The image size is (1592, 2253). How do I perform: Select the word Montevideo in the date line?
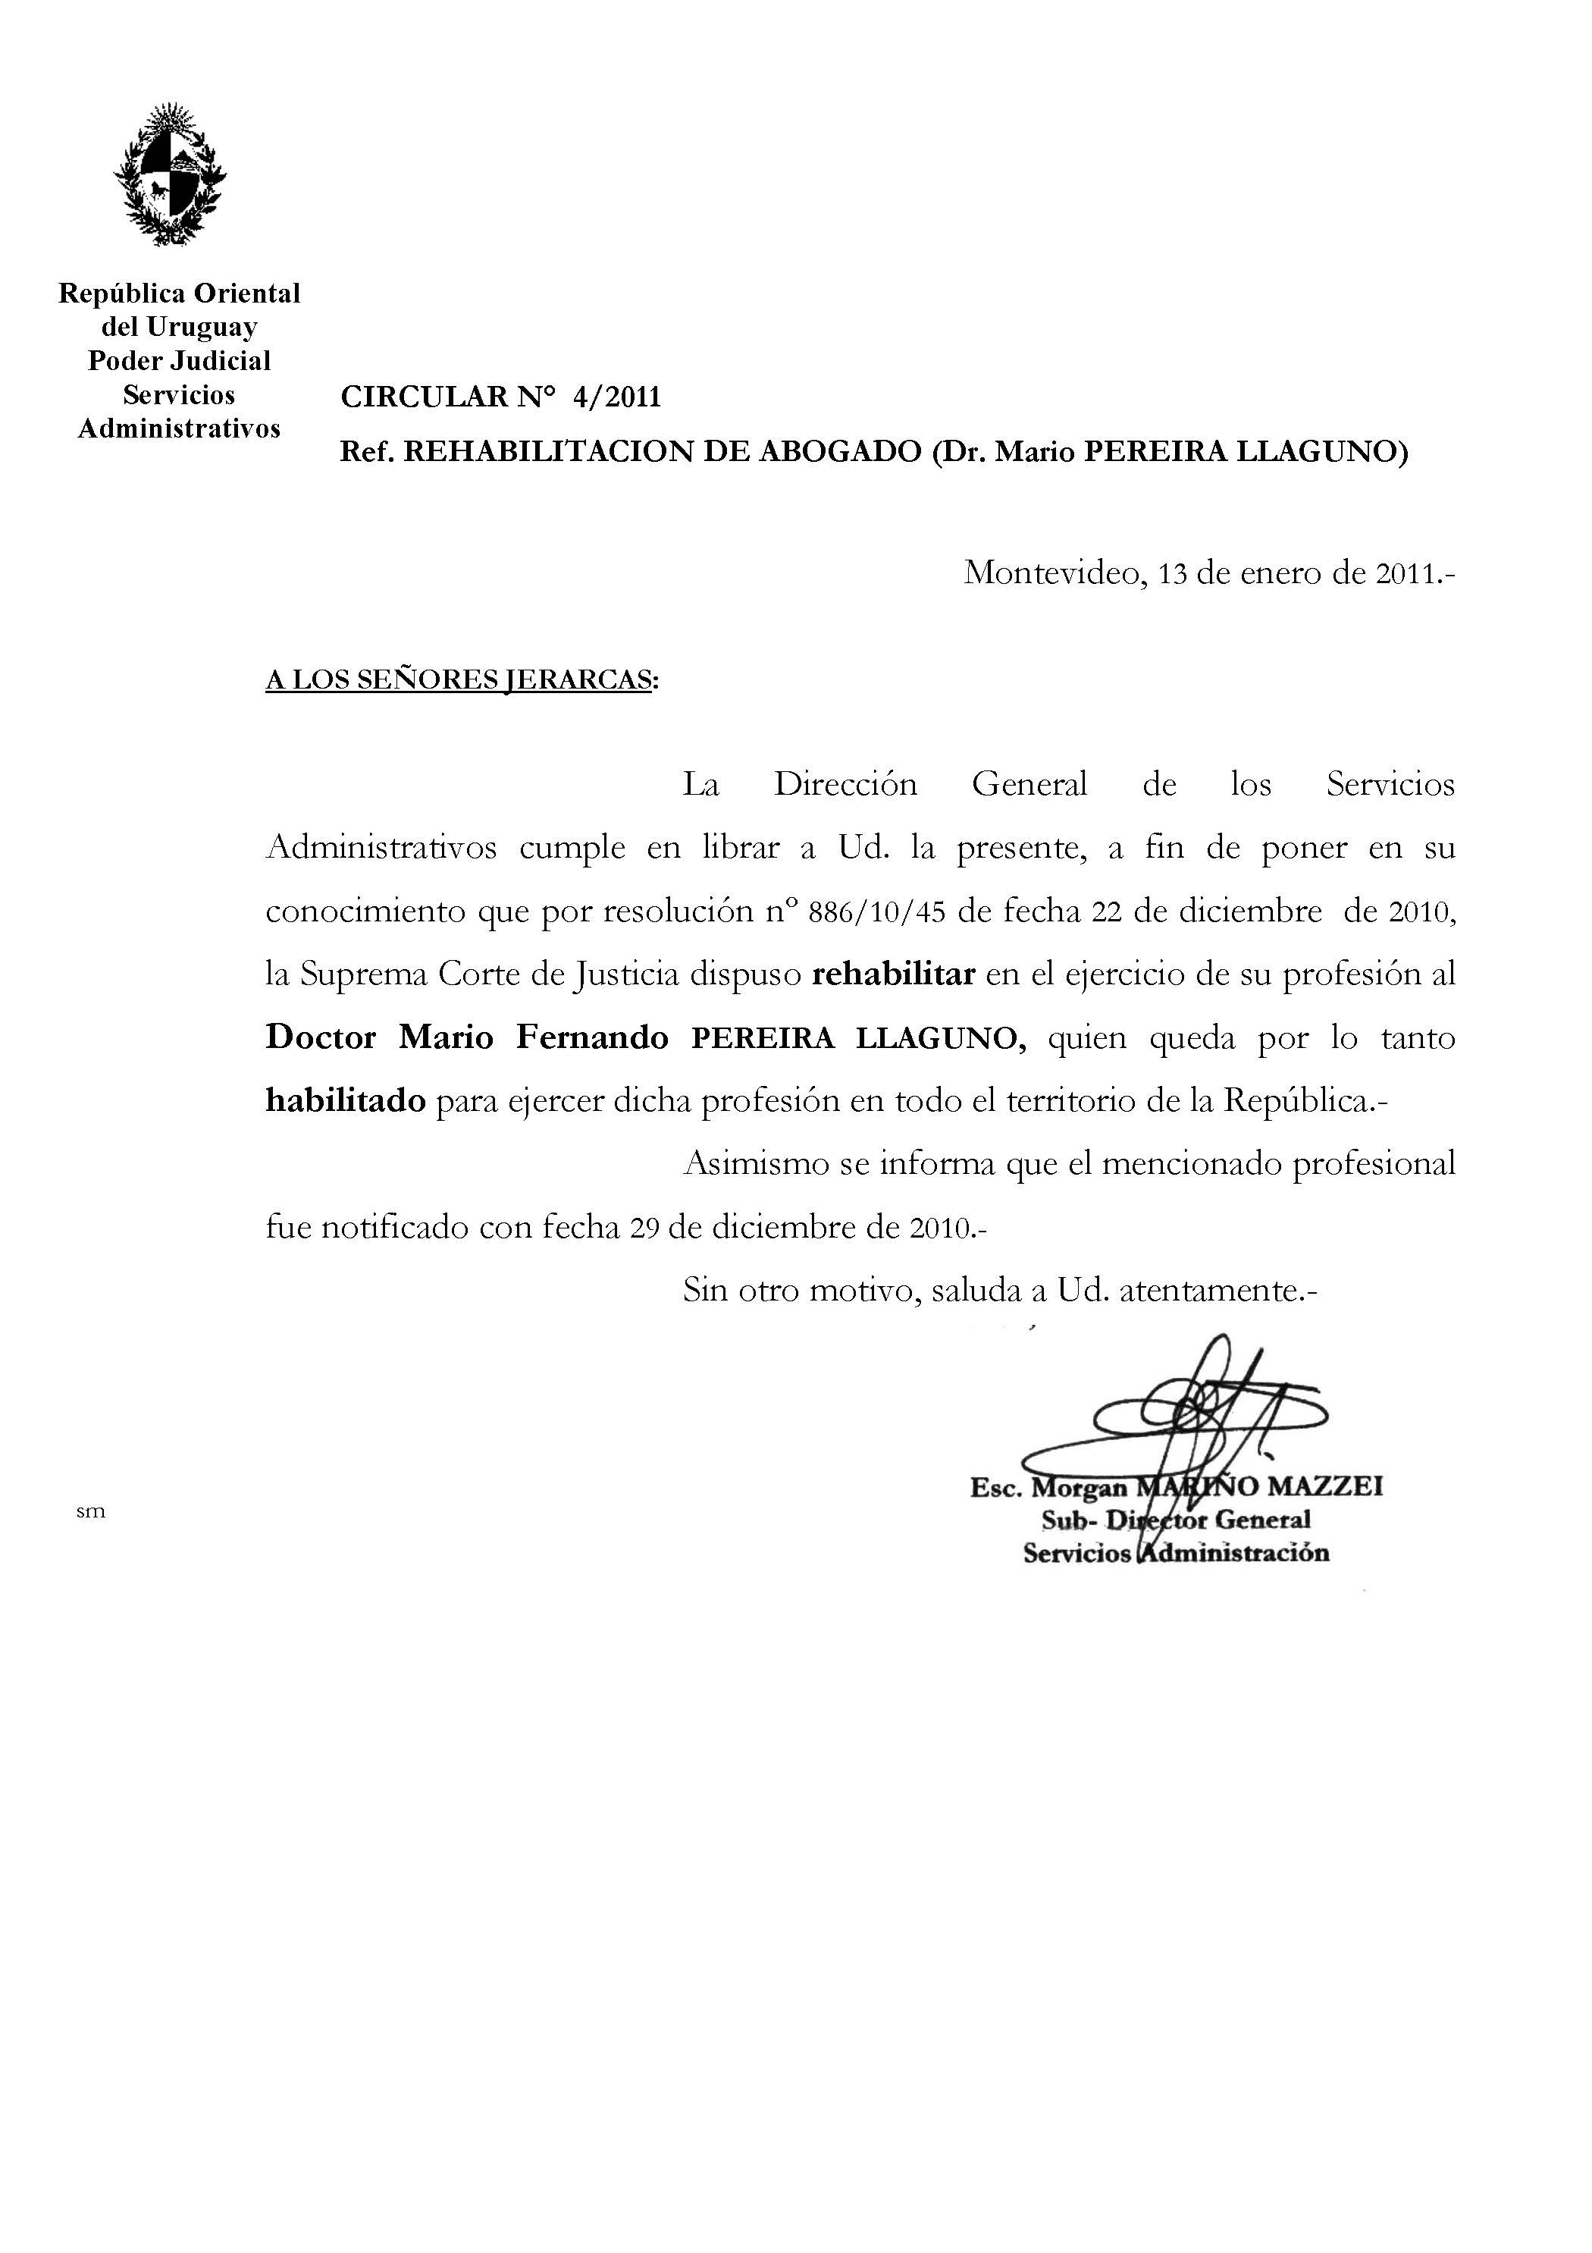click(x=1051, y=572)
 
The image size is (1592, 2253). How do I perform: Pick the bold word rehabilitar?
click(x=894, y=974)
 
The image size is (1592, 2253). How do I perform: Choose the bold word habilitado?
click(x=345, y=1101)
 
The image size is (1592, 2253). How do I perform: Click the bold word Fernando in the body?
click(x=593, y=1037)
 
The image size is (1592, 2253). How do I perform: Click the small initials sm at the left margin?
click(x=90, y=1512)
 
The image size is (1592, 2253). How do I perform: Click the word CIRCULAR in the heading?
click(x=425, y=397)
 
